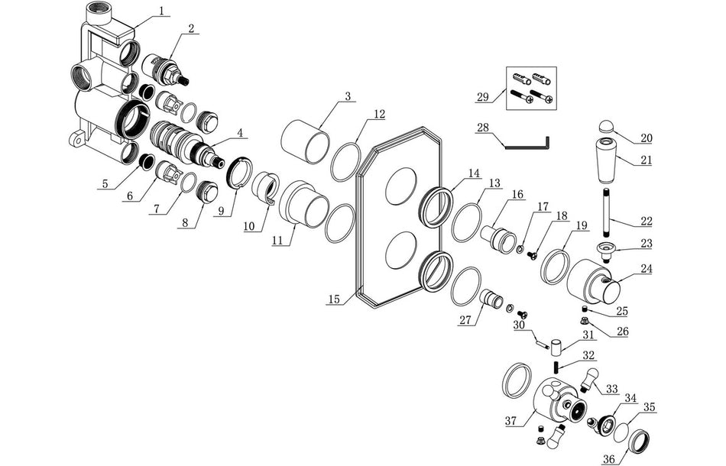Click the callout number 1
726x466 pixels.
161,11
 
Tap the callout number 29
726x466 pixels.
482,98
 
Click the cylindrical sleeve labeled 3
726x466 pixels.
305,141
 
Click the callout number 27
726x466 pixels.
465,321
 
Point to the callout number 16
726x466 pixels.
517,194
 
